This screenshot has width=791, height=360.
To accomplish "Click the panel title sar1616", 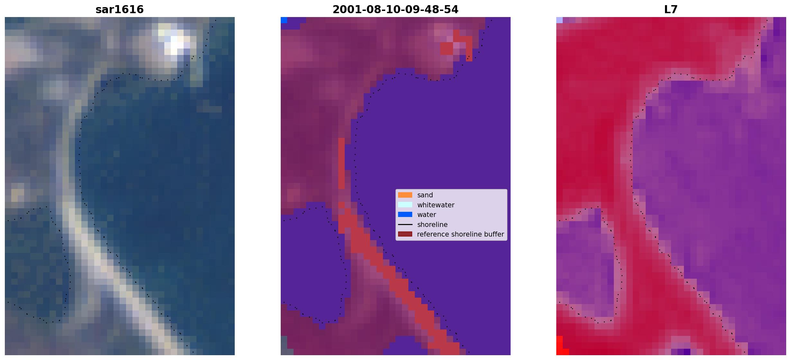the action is coord(120,10).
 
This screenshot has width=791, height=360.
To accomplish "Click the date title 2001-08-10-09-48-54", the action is coord(395,10).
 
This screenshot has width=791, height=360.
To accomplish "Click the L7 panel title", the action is coord(671,10).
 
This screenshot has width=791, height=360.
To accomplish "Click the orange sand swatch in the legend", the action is coord(405,195).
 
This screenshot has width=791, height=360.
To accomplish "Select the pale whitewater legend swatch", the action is coord(405,205).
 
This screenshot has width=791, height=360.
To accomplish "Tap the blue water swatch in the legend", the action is coord(405,214).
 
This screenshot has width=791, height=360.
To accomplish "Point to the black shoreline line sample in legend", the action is coord(405,224).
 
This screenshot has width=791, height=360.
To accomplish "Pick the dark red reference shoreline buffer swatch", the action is coord(405,234).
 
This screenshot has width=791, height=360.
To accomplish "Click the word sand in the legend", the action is coord(425,195).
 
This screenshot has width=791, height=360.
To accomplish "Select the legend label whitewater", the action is coord(436,205).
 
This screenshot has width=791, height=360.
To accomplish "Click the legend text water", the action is coord(427,215).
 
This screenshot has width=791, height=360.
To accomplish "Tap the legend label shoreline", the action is coord(432,225).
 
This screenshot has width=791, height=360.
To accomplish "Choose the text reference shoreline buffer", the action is coord(460,234).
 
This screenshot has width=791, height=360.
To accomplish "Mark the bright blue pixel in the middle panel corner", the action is coord(284,20).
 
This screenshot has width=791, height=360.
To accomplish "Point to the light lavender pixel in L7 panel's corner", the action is coord(559,20).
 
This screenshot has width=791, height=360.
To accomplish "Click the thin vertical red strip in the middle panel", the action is coord(341,164).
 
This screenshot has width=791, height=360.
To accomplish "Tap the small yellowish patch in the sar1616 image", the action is coord(17,193).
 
